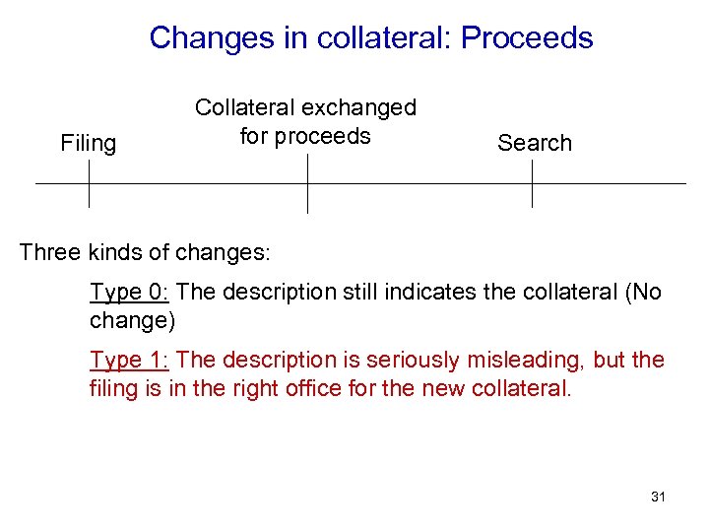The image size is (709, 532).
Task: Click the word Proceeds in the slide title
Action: pos(527,37)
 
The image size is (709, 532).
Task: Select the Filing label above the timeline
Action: pos(89,143)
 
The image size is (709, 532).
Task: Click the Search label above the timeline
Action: pos(535,143)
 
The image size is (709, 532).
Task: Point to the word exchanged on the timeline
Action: pos(362,107)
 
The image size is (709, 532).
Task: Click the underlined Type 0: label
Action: pos(130,292)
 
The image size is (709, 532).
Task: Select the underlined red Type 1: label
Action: pos(130,360)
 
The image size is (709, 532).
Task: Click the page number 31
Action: pos(658,497)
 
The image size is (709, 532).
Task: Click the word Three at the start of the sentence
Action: pos(49,252)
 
